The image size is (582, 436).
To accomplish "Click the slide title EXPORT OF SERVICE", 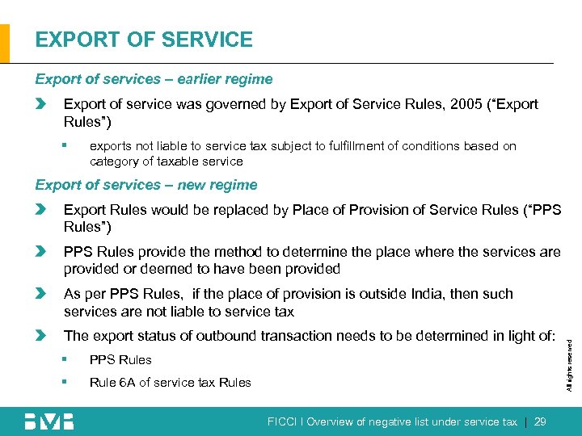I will pyautogui.click(x=144, y=40).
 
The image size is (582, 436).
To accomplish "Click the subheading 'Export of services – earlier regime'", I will pyautogui.click(x=154, y=79).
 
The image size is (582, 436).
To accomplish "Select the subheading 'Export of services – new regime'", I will pyautogui.click(x=146, y=185).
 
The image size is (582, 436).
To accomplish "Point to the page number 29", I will pyautogui.click(x=542, y=421).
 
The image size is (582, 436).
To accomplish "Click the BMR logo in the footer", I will pyautogui.click(x=48, y=421).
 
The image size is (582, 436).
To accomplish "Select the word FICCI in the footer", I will pyautogui.click(x=283, y=421).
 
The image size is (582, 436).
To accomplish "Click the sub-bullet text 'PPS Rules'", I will pyautogui.click(x=120, y=359).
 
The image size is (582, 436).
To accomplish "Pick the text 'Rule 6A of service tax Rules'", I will pyautogui.click(x=171, y=382).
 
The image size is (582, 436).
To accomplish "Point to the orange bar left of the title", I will pyautogui.click(x=5, y=43).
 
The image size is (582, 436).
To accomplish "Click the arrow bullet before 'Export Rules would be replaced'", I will pyautogui.click(x=41, y=210).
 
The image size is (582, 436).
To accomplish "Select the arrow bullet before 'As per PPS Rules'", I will pyautogui.click(x=41, y=294).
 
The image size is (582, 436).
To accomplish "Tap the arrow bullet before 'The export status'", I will pyautogui.click(x=41, y=336).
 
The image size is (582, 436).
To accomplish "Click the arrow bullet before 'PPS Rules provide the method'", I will pyautogui.click(x=41, y=252).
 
